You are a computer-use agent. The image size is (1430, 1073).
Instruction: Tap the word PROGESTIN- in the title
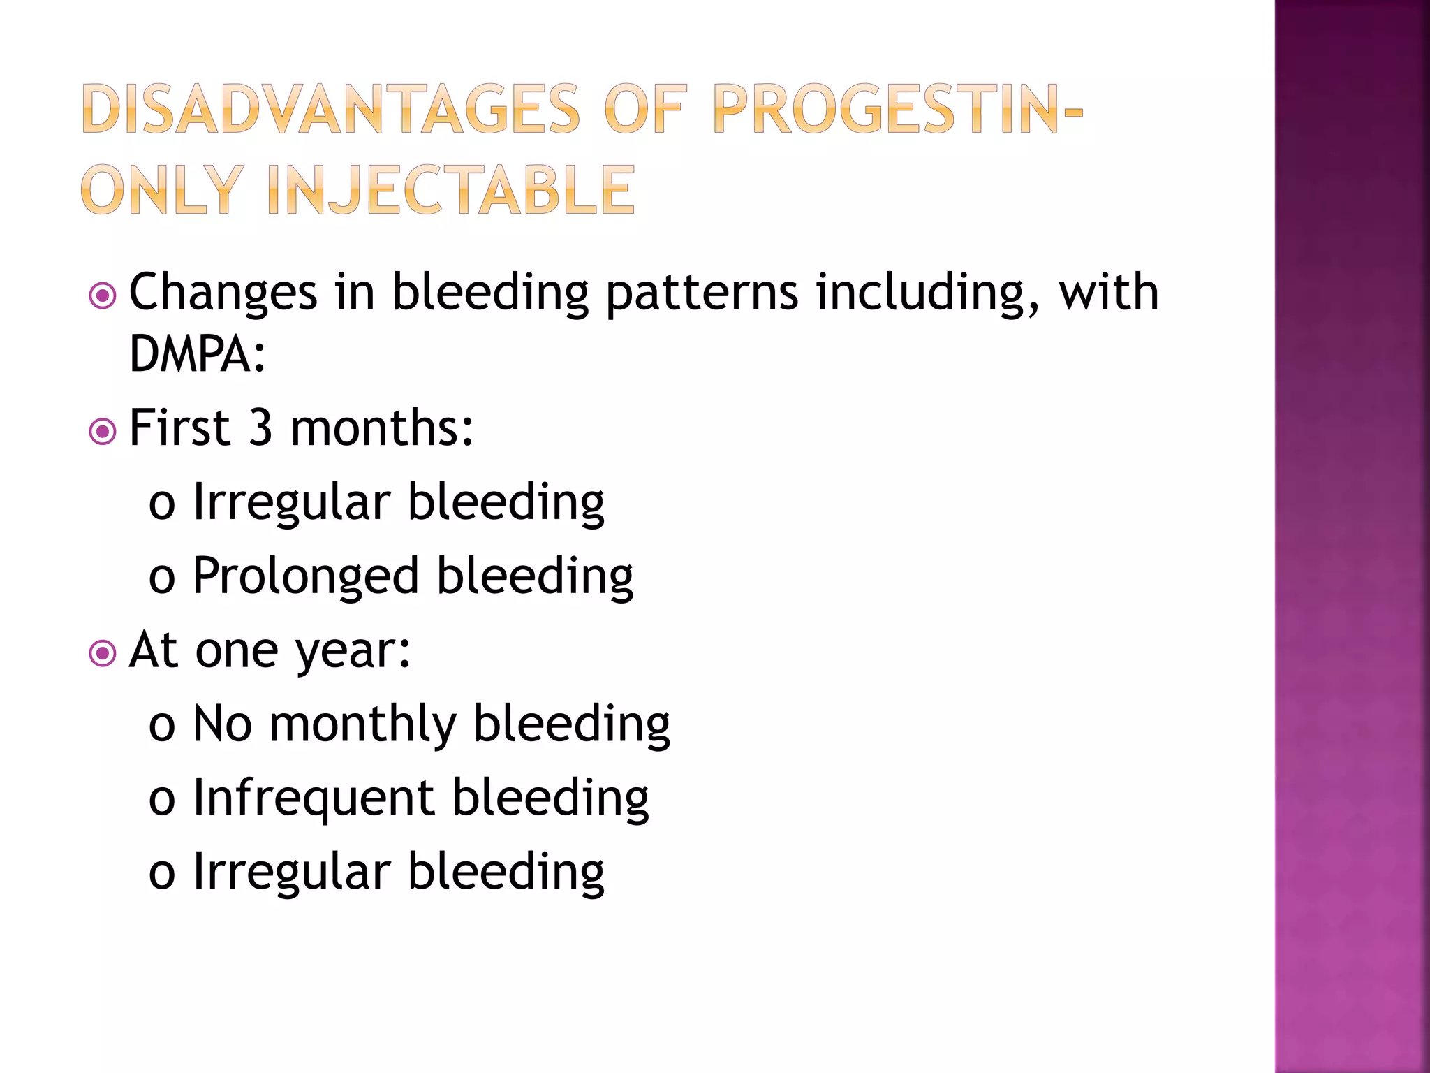[x=898, y=109]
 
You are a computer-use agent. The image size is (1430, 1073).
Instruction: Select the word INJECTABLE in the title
[x=451, y=190]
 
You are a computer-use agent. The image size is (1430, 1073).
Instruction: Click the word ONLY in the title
[x=163, y=190]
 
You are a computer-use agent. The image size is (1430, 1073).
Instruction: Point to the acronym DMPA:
[x=198, y=353]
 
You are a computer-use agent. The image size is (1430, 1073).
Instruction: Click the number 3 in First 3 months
[x=260, y=428]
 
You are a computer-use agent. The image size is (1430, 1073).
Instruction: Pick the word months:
[x=382, y=428]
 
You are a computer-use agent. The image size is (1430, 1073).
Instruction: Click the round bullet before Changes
[x=103, y=295]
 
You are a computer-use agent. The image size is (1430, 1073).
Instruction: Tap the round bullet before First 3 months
[x=103, y=431]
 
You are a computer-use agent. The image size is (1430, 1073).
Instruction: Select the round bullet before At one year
[x=103, y=654]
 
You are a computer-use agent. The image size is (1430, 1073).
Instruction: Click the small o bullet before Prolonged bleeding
[x=161, y=580]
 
